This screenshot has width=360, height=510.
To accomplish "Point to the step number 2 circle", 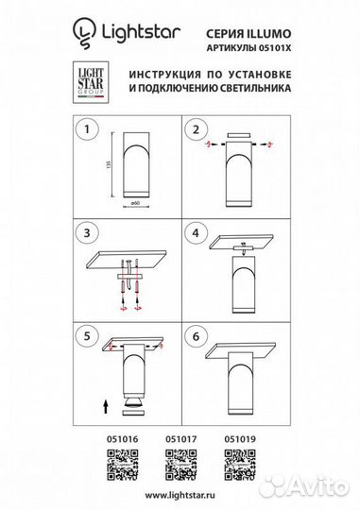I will [196, 130].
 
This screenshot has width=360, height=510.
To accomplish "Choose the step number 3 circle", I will [88, 233].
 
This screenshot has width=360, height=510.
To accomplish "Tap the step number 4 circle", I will [196, 233].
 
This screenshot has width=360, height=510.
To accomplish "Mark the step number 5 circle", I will [88, 334].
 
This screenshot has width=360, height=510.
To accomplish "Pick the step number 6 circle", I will [196, 334].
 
